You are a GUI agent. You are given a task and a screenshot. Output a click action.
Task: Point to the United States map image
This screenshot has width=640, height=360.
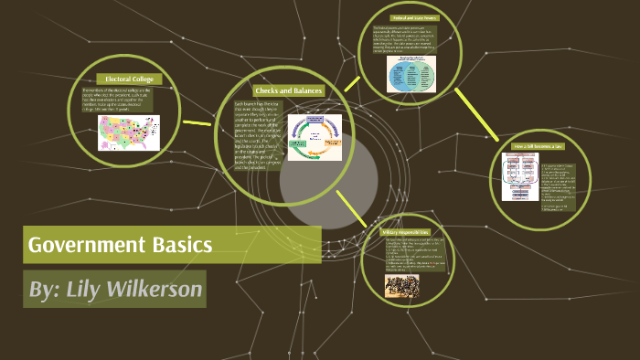click(129, 132)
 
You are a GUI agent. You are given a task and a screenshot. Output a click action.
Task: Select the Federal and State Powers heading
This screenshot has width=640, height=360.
click(403, 17)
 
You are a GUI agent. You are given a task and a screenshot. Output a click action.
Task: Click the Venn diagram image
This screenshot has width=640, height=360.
click(404, 74)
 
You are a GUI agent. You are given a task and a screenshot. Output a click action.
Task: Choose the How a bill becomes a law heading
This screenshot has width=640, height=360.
click(539, 146)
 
